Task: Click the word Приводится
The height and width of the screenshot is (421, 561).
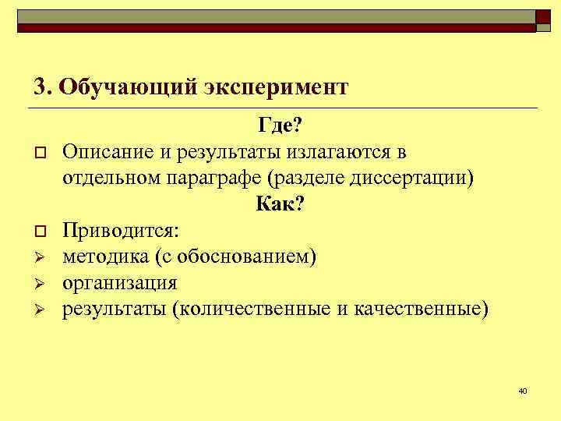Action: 120,231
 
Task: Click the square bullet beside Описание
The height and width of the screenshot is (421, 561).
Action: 37,151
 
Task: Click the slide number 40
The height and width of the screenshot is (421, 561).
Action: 523,390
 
